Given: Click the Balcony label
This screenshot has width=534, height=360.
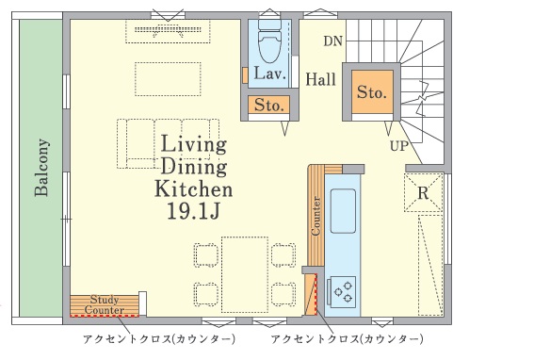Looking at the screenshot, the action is (41, 168).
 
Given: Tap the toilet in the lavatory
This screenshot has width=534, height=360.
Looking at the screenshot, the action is (270, 41).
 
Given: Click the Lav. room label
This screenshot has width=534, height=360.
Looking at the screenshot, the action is (269, 74).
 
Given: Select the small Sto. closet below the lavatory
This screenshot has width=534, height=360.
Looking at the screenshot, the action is (269, 105).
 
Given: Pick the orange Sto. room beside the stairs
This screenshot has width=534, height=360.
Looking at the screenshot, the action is (372, 91).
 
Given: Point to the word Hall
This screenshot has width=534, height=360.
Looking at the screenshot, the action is (320, 79).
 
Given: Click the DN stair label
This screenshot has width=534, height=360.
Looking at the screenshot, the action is (332, 41).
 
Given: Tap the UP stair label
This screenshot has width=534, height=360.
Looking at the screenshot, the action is (399, 146).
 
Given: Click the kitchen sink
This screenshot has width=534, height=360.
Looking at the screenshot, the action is (343, 211).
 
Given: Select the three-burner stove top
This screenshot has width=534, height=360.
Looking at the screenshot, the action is (342, 292).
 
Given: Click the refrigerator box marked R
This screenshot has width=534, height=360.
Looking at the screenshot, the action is (423, 192).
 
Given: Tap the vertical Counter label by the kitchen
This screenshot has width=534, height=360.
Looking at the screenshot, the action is (316, 216).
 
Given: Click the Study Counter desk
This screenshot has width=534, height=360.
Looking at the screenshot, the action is (105, 305).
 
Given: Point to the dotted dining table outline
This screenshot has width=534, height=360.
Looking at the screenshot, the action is (245, 275).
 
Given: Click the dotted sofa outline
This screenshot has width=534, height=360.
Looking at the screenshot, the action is (168, 143).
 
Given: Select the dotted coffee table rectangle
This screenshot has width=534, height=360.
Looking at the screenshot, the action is (168, 79).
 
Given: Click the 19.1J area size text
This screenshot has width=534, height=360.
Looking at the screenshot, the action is (193, 211).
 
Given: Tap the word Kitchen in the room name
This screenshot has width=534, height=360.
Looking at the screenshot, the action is (193, 188).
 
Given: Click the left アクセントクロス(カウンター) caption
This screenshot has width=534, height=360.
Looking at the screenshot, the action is (159, 339).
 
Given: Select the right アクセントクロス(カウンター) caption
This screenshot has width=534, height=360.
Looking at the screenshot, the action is (347, 339).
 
